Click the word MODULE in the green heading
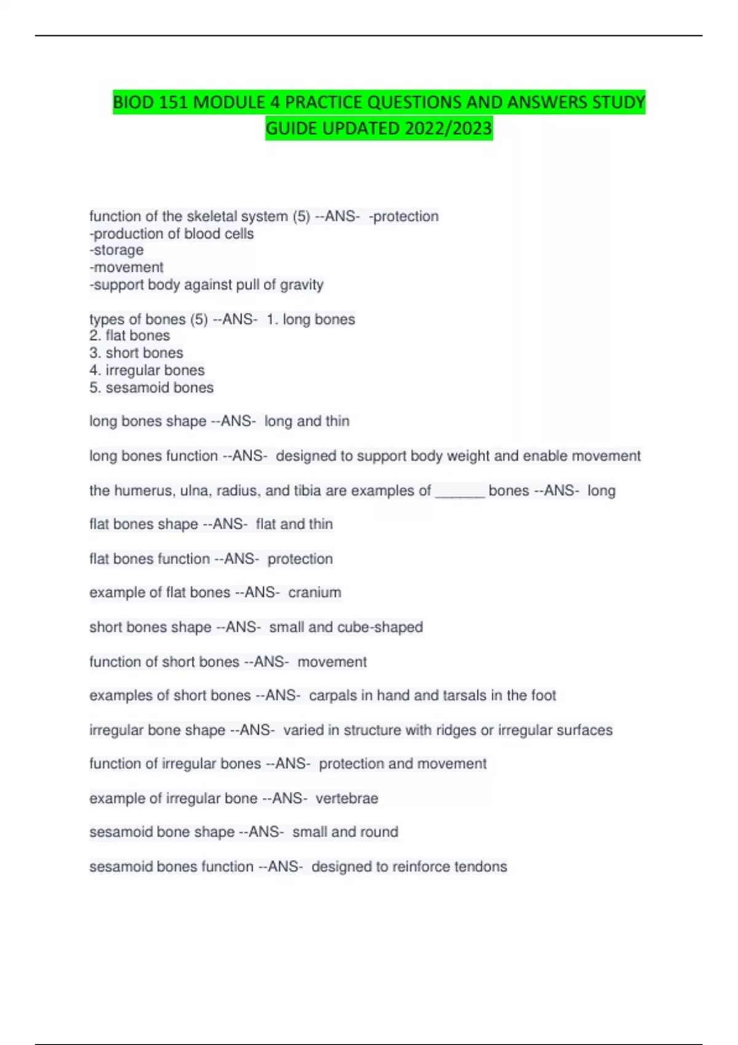click(x=229, y=102)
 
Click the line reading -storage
click(x=116, y=250)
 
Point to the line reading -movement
click(x=126, y=267)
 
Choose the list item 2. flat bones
click(x=130, y=336)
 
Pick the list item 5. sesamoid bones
click(x=151, y=388)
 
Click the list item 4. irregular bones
click(x=147, y=371)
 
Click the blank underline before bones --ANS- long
click(x=460, y=491)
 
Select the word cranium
click(x=314, y=593)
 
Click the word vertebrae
click(x=347, y=799)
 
